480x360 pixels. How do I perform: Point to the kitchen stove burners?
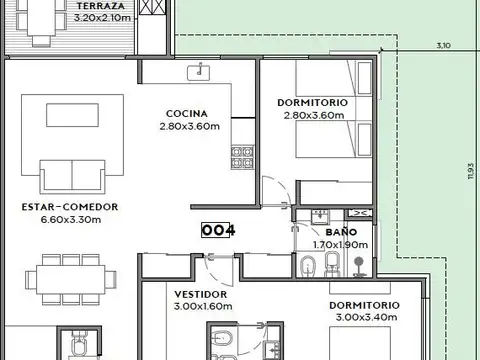241,155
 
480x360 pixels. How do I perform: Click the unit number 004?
217,230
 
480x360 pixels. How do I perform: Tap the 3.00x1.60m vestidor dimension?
202,306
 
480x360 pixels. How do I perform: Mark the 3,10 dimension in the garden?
443,45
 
